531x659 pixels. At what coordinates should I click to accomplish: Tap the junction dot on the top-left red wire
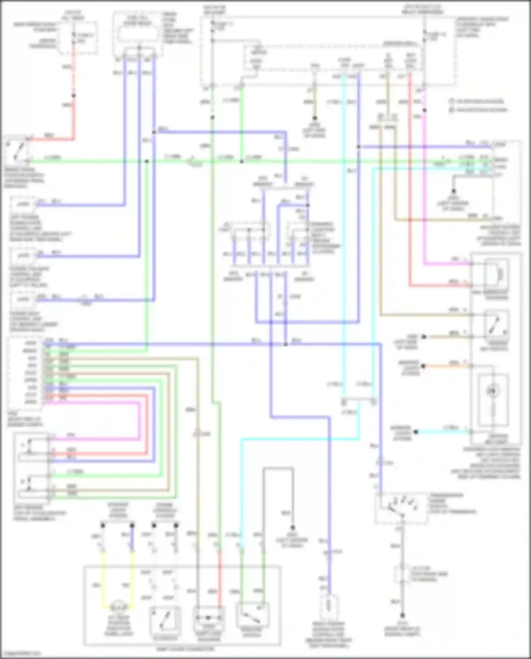[x=74, y=96]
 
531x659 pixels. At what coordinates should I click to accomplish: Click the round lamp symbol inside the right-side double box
[x=492, y=391]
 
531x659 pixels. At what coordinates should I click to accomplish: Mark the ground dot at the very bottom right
[x=402, y=615]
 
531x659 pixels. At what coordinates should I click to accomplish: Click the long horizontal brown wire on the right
[x=425, y=314]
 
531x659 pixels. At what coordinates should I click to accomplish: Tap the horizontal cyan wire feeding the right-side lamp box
[x=442, y=432]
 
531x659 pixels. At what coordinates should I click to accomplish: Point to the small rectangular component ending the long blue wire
[x=329, y=606]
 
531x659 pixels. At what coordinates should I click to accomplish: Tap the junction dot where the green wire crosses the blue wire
[x=147, y=161]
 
